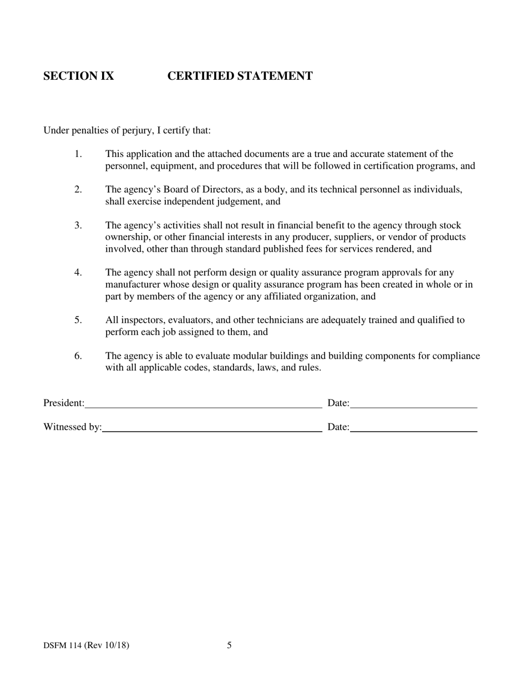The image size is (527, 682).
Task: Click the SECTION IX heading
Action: (x=79, y=77)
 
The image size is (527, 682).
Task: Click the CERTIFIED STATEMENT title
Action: (x=240, y=77)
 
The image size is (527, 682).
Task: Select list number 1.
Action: (x=78, y=154)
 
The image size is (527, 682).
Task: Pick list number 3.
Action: (x=78, y=226)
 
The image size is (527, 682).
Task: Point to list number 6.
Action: (x=78, y=356)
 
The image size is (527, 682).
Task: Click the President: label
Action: (x=64, y=403)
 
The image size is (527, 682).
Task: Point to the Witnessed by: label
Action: (x=72, y=427)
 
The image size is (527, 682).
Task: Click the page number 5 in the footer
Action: (x=229, y=645)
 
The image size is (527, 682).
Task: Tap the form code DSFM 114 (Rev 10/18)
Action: (x=86, y=645)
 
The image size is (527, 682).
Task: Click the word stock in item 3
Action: (x=450, y=226)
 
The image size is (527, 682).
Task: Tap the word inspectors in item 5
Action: (x=138, y=320)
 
